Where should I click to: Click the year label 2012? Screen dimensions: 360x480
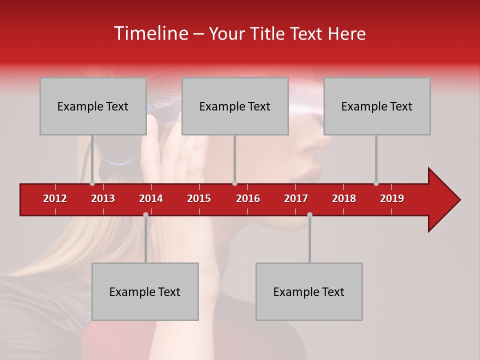[55, 198]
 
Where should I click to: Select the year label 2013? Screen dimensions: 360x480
[103, 198]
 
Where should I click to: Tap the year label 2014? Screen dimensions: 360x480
[151, 198]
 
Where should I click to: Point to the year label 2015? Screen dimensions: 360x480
[199, 198]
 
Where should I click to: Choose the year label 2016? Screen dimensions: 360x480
[248, 198]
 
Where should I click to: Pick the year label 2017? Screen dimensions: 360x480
[296, 198]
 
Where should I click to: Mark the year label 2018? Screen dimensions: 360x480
[344, 198]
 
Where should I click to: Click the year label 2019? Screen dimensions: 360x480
[392, 198]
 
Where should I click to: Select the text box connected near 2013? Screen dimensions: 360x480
[93, 106]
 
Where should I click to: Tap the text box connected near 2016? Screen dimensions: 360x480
[235, 106]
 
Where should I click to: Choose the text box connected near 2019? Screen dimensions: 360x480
[377, 106]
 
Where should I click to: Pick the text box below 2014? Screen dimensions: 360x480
[145, 291]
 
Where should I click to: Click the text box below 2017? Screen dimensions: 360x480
[309, 291]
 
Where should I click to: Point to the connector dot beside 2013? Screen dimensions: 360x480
[92, 183]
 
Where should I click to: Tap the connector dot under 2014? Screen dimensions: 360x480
[145, 214]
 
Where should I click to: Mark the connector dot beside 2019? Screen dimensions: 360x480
[376, 183]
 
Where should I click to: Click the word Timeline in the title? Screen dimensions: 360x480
[150, 33]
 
